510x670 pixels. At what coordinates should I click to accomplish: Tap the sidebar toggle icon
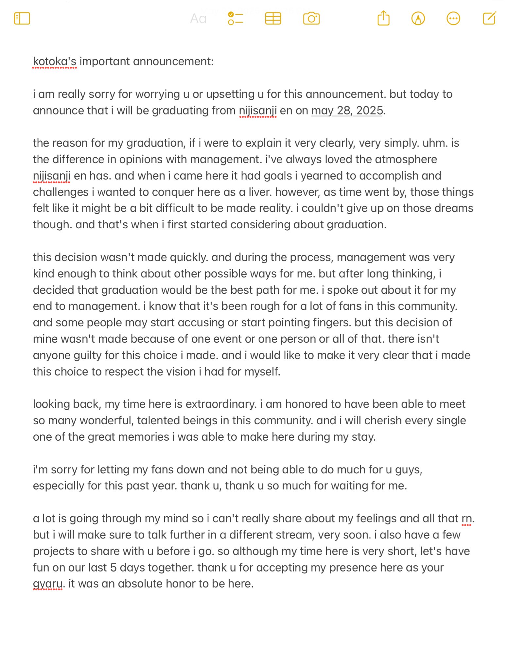[x=22, y=18]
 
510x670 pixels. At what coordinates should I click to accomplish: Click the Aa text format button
[x=198, y=19]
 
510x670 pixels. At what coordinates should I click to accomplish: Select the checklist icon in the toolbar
[x=235, y=18]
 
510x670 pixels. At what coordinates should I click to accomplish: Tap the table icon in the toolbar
[x=273, y=18]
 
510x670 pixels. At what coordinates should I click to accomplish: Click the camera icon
[x=311, y=18]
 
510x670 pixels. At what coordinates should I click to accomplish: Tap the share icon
[x=383, y=18]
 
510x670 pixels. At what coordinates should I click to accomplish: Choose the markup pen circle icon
[x=418, y=18]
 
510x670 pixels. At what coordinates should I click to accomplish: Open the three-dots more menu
[x=453, y=18]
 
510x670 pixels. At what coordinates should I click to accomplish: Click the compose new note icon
[x=489, y=18]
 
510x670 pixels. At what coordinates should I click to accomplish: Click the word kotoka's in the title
[x=55, y=62]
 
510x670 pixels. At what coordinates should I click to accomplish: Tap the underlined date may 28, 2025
[x=347, y=111]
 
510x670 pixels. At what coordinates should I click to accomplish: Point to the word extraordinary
[x=221, y=404]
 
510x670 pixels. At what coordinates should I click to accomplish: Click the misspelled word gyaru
[x=48, y=584]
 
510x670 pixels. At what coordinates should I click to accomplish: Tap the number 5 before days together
[x=114, y=568]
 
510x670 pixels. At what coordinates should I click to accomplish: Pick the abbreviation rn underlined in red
[x=466, y=519]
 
